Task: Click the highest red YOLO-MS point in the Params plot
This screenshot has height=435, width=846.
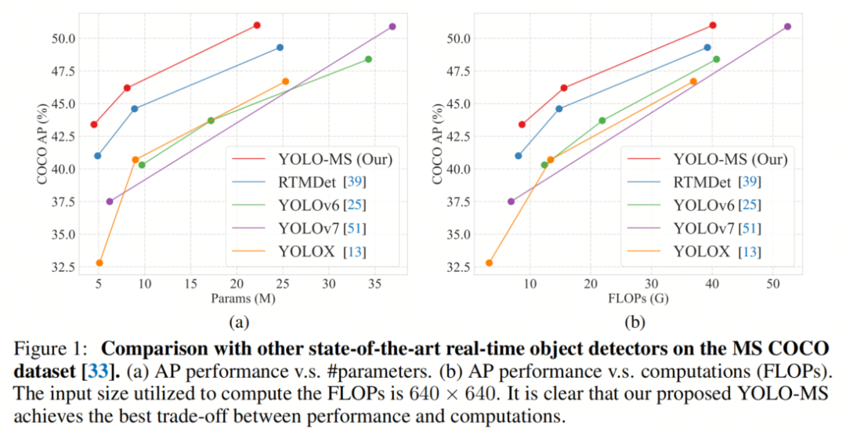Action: pyautogui.click(x=257, y=25)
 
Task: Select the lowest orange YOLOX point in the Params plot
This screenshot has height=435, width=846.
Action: pyautogui.click(x=99, y=263)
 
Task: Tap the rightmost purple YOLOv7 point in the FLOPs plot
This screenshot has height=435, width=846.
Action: pyautogui.click(x=787, y=27)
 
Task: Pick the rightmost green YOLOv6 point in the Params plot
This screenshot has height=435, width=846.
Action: pyautogui.click(x=368, y=59)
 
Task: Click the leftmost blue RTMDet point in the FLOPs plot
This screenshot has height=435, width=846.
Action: pyautogui.click(x=519, y=155)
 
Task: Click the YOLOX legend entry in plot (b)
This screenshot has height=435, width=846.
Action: pyautogui.click(x=695, y=252)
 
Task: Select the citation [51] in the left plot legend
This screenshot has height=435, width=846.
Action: pyautogui.click(x=352, y=228)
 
